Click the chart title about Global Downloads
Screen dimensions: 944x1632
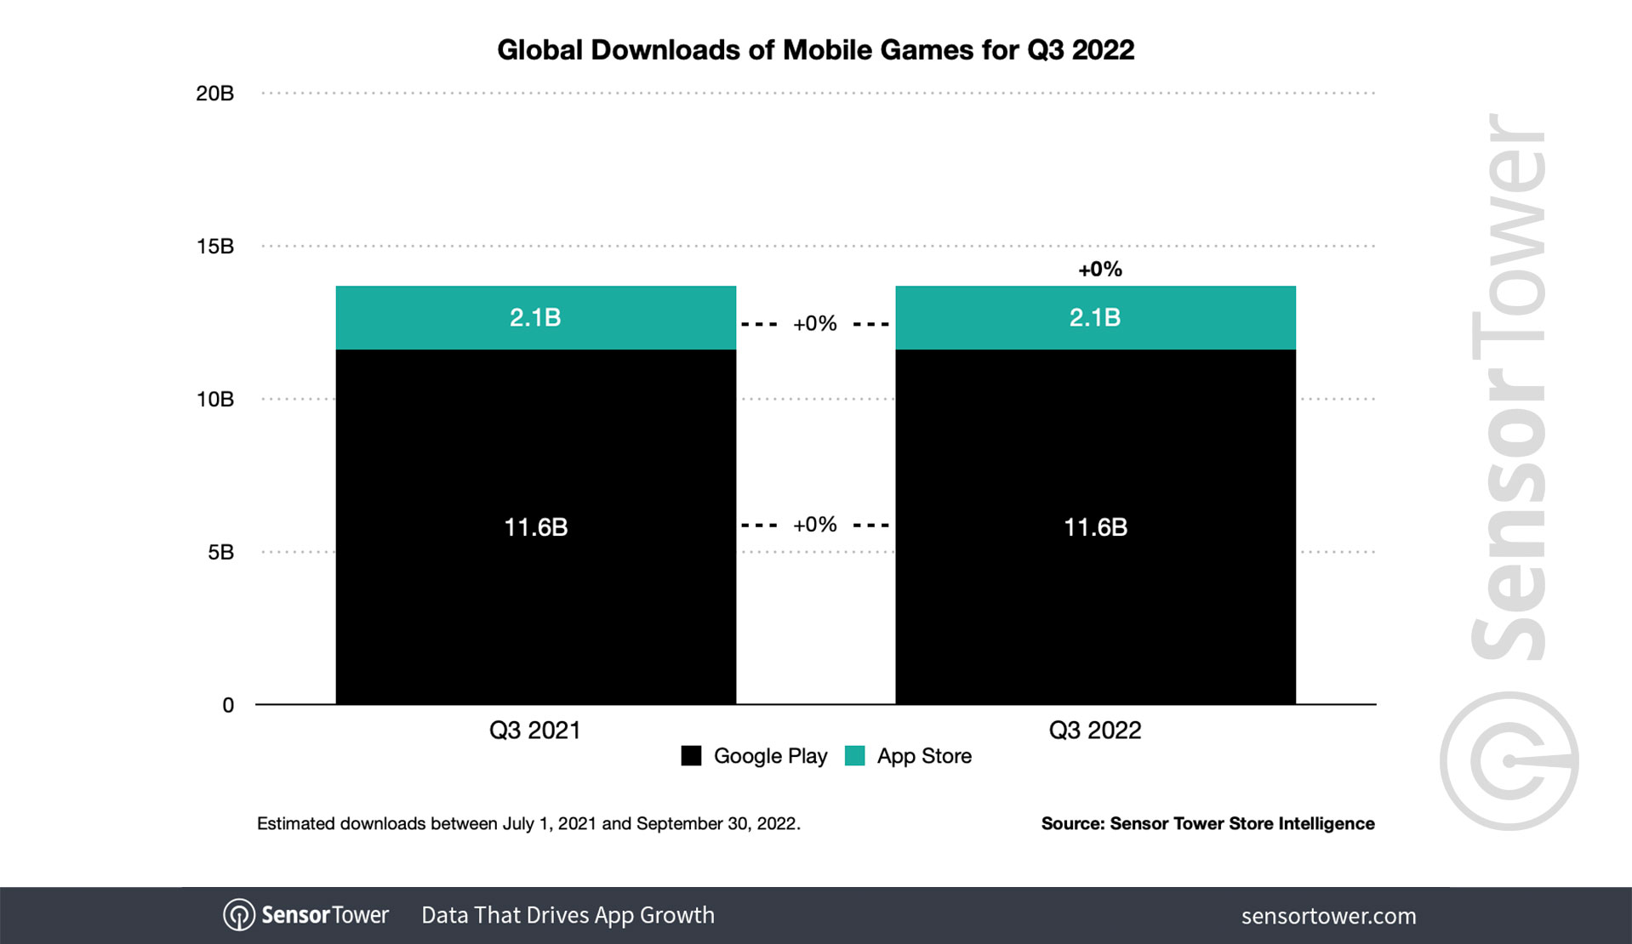815,50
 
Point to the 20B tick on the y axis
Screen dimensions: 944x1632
214,94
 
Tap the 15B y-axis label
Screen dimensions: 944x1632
214,247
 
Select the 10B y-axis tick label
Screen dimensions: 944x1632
214,399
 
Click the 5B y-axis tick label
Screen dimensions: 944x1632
220,552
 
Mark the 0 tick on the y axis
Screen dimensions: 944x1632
228,705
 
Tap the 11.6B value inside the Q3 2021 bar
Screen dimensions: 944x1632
535,527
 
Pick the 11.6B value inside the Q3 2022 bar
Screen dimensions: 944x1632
1095,527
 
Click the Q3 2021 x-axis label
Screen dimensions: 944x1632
534,730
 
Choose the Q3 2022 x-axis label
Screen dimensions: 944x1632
1094,730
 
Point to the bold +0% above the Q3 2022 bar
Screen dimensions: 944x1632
1099,270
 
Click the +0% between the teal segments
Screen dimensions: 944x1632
814,324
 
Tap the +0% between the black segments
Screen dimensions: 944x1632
814,525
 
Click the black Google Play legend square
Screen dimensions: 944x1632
691,755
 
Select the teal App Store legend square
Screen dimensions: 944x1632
854,755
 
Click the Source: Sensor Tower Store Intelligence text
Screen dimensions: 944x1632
1207,823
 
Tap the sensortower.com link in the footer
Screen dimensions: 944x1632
1328,916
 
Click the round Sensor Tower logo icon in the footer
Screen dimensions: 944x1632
238,915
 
